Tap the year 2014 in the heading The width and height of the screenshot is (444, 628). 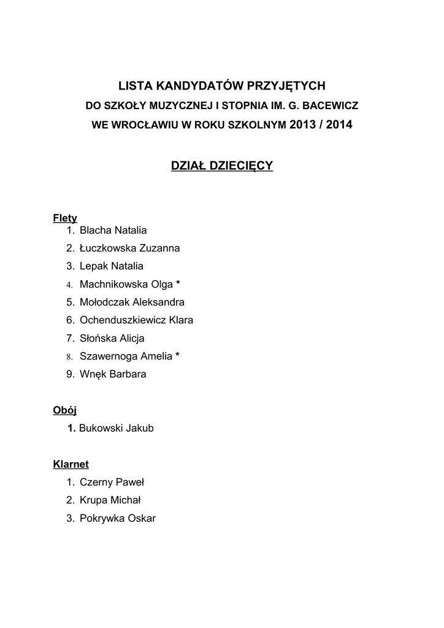click(x=340, y=125)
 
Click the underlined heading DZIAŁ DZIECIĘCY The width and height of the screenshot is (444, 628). click(x=222, y=166)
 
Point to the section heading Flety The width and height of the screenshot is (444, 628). click(x=65, y=218)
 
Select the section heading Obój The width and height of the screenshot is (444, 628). click(x=64, y=410)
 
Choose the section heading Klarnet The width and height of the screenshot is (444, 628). click(x=71, y=464)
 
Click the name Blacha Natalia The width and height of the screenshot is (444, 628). click(x=113, y=231)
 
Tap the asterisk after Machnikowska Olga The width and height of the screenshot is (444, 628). click(x=178, y=284)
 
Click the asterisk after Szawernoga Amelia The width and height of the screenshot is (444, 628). click(x=177, y=356)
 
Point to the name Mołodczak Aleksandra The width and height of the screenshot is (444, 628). click(x=132, y=302)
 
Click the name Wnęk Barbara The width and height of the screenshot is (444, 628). click(x=113, y=374)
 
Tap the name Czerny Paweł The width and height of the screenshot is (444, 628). click(x=112, y=483)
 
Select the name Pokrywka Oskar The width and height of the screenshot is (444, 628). click(x=118, y=519)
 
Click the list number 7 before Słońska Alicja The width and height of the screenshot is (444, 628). click(x=69, y=338)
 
